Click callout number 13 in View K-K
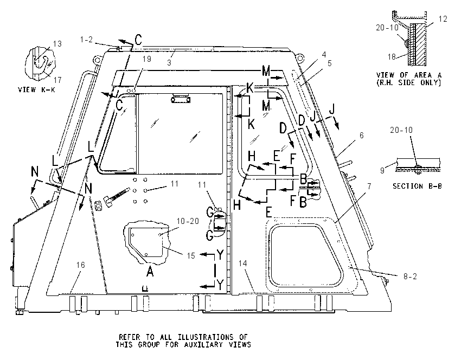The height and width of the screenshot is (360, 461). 57,44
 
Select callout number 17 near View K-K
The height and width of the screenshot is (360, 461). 57,80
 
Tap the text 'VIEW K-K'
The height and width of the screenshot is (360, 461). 36,89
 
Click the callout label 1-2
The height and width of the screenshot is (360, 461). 86,40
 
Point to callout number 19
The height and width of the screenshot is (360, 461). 147,59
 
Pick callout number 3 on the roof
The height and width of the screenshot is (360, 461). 169,62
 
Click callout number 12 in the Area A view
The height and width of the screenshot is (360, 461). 443,19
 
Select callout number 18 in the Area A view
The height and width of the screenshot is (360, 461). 392,56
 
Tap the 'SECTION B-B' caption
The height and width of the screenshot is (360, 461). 417,186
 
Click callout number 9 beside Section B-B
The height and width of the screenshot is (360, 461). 382,170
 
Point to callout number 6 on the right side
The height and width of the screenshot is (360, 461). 362,135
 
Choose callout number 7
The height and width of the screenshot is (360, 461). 369,187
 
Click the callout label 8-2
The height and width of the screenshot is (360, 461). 410,277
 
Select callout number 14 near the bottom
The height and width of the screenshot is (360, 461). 242,263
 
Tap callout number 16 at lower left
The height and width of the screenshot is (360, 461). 81,265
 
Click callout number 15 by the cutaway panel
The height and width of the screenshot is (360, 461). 191,256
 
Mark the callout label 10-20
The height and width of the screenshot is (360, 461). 188,221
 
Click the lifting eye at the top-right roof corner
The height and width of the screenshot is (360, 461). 299,57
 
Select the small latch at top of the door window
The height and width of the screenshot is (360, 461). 181,100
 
